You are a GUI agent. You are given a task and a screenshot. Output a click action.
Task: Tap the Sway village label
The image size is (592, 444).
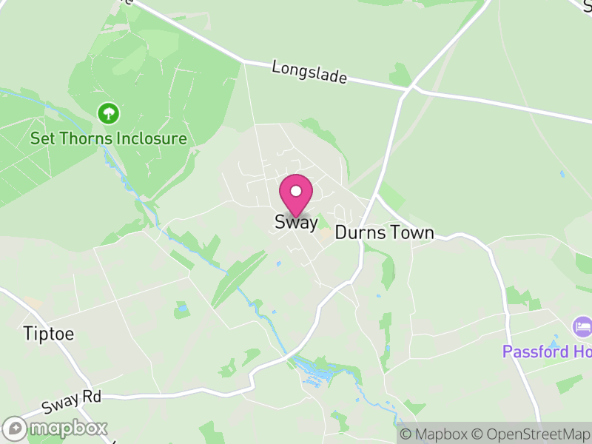pos(296,222)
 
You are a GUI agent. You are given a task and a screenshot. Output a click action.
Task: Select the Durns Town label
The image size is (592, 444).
pos(384,232)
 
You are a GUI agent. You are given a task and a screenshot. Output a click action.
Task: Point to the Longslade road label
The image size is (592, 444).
pos(309,73)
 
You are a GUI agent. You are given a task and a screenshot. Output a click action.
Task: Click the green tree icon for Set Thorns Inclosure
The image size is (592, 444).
pos(109,113)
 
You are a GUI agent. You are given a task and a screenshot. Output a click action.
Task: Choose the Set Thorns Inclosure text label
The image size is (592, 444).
pos(108,138)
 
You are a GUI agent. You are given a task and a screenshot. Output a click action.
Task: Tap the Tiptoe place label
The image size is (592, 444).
pos(49,333)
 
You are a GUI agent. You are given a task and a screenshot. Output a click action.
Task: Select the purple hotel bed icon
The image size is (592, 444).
pos(582,326)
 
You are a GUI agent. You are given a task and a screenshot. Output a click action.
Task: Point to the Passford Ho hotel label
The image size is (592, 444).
pos(547,351)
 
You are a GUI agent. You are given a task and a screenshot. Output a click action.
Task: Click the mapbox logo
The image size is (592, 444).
pos(55,428)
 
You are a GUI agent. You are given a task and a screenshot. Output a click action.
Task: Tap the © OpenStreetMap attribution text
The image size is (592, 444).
pos(531,434)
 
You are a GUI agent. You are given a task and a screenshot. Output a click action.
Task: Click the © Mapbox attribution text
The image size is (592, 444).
pos(434,434)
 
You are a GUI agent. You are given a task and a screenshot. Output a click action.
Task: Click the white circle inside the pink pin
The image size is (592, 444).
pos(296,191)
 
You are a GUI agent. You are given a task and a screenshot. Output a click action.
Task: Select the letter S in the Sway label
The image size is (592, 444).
pos(280,222)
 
